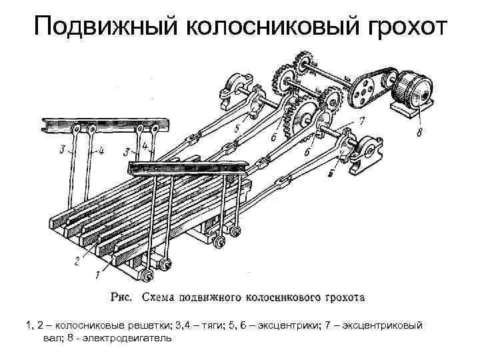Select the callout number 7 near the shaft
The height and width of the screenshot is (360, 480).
click(x=361, y=121)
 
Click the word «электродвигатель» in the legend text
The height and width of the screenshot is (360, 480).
click(x=137, y=338)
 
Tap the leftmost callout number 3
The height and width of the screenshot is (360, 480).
click(x=61, y=151)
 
